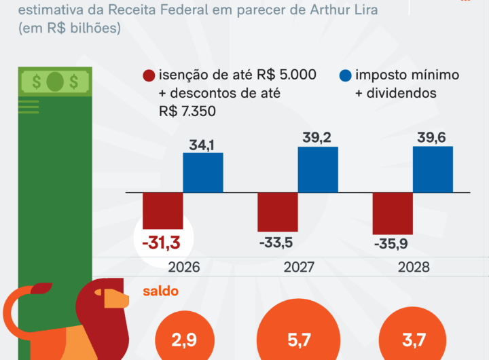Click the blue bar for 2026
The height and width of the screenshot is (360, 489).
click(x=203, y=173)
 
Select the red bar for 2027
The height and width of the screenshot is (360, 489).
click(x=278, y=212)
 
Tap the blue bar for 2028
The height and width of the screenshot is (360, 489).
click(x=433, y=169)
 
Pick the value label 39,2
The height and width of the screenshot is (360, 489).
click(x=318, y=138)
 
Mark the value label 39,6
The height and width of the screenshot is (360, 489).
click(x=433, y=138)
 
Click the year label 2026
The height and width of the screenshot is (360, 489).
click(x=182, y=267)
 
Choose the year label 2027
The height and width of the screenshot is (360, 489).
click(x=297, y=267)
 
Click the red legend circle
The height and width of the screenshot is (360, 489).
click(x=147, y=76)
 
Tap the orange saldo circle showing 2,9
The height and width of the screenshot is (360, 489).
click(x=185, y=340)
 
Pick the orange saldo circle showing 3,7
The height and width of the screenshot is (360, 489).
click(x=412, y=338)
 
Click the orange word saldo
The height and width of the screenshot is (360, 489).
click(x=160, y=291)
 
